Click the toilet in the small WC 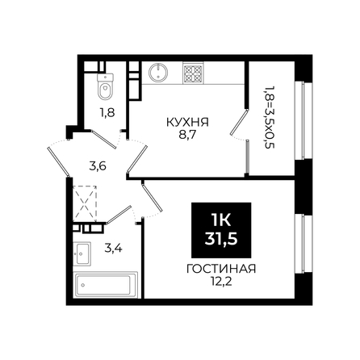(x=106, y=86)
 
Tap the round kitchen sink (x=158, y=73)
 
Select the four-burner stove (x=193, y=73)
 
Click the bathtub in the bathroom (x=106, y=285)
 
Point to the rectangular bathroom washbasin (x=82, y=253)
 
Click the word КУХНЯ (x=188, y=123)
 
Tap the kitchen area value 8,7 (x=188, y=135)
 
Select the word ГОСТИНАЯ (x=220, y=269)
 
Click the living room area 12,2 (x=220, y=282)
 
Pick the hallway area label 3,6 (x=98, y=166)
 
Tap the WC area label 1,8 (x=108, y=113)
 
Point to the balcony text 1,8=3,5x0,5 (x=270, y=117)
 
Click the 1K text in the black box (x=221, y=221)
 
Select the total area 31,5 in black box (x=221, y=239)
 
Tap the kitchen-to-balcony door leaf (x=239, y=122)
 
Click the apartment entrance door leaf (x=59, y=161)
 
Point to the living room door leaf (x=152, y=195)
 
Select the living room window (x=303, y=244)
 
